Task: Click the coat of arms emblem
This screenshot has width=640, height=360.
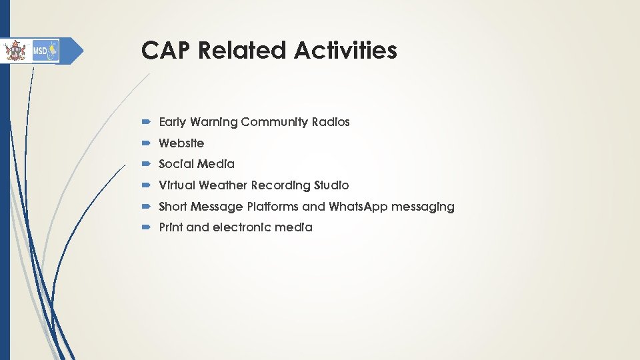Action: click(x=13, y=51)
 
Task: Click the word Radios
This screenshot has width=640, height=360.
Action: click(x=330, y=122)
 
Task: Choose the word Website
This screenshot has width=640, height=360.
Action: click(x=181, y=143)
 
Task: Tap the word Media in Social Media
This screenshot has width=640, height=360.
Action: click(x=217, y=164)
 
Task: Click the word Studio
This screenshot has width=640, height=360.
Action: click(x=331, y=185)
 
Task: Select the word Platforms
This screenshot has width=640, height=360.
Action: click(x=273, y=207)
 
